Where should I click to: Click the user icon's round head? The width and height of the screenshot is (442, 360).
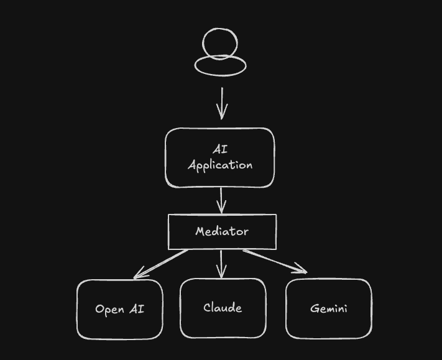[x=220, y=44]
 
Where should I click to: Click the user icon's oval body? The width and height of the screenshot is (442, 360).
[x=221, y=65]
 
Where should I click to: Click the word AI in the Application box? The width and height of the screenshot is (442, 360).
[x=220, y=150]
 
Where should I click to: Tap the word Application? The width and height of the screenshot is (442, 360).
[x=220, y=165]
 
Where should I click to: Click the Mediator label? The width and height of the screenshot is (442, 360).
[x=222, y=231]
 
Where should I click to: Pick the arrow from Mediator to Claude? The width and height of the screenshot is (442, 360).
[x=222, y=262]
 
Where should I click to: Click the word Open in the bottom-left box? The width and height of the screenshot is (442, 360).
[x=109, y=309]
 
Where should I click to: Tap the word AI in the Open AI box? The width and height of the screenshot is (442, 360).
[x=137, y=308]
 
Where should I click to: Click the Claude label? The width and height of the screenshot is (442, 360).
[x=223, y=308]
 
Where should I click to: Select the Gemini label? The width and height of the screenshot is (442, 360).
[x=328, y=308]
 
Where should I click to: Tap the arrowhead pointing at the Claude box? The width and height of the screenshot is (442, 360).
[x=222, y=274]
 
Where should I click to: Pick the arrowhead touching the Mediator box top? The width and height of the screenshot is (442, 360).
[x=221, y=210]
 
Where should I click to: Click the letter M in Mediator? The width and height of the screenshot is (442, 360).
[x=200, y=231]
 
